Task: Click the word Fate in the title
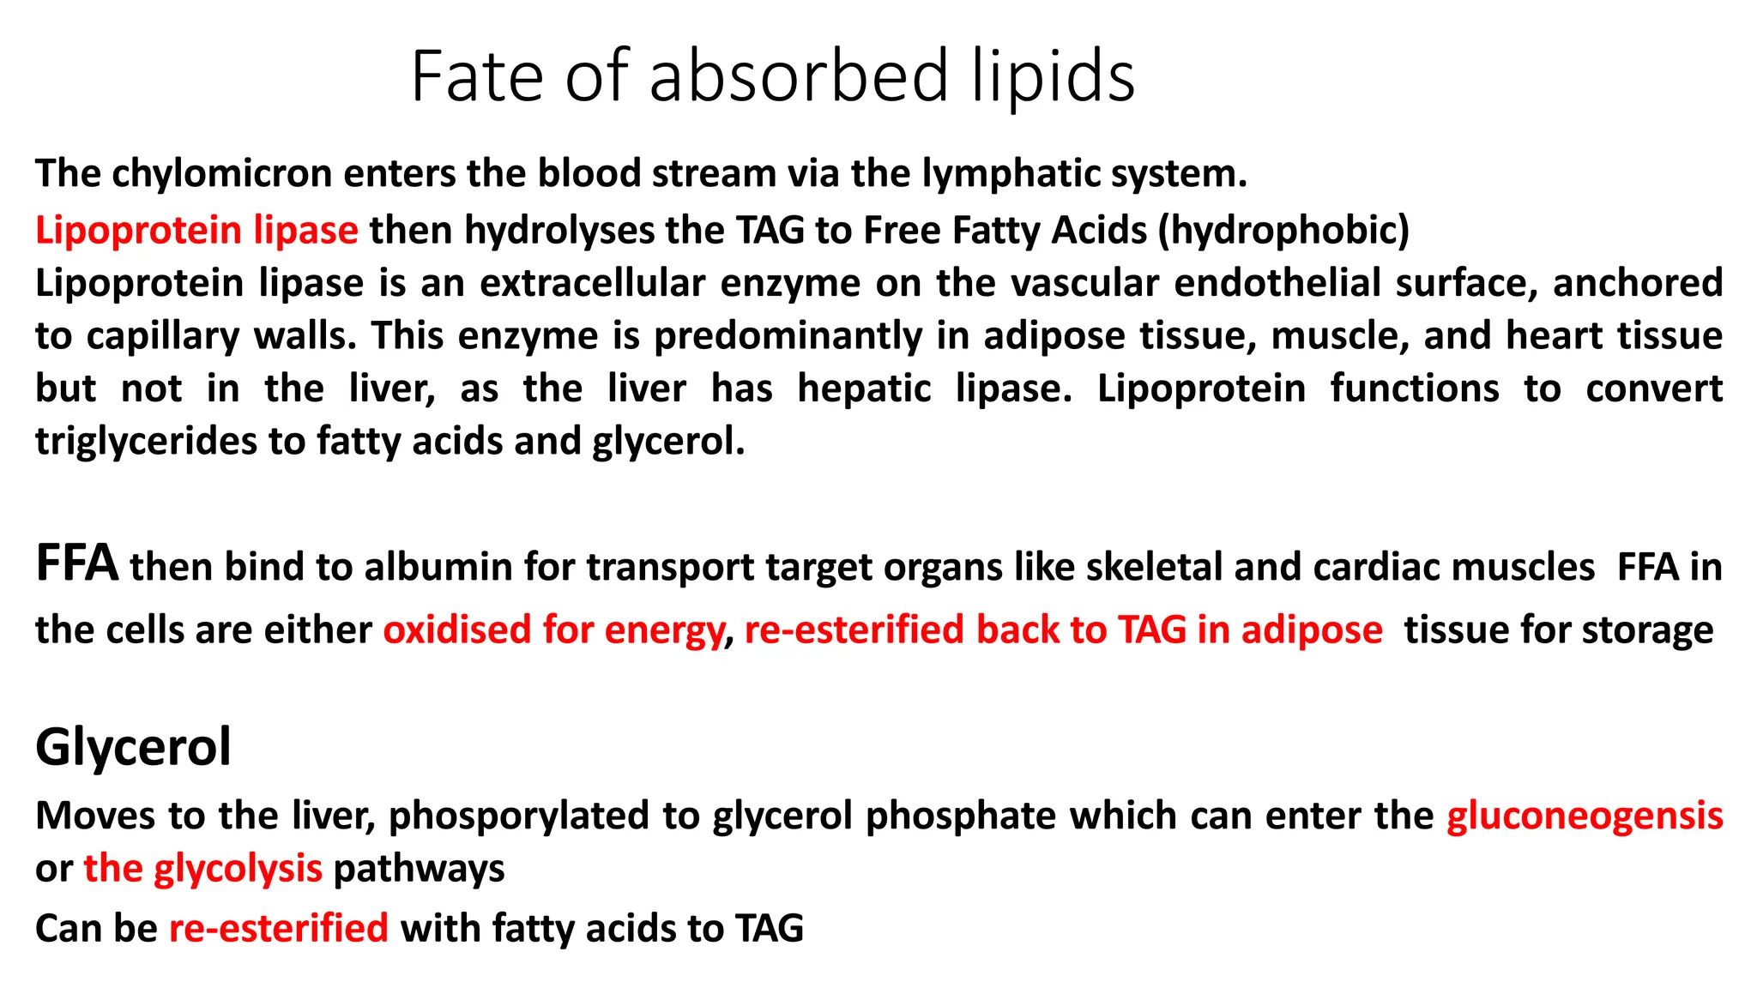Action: pyautogui.click(x=476, y=77)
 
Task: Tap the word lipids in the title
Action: pyautogui.click(x=1054, y=77)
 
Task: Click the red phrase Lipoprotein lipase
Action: pyautogui.click(x=196, y=230)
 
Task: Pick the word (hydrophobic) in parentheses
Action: pyautogui.click(x=1283, y=230)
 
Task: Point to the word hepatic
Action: pyautogui.click(x=864, y=389)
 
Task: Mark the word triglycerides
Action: pyautogui.click(x=146, y=442)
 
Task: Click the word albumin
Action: pyautogui.click(x=438, y=567)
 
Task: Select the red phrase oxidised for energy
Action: pyautogui.click(x=553, y=630)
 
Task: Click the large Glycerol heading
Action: pyautogui.click(x=133, y=746)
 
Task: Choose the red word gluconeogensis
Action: pyautogui.click(x=1585, y=816)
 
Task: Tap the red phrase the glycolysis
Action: pyautogui.click(x=202, y=869)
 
